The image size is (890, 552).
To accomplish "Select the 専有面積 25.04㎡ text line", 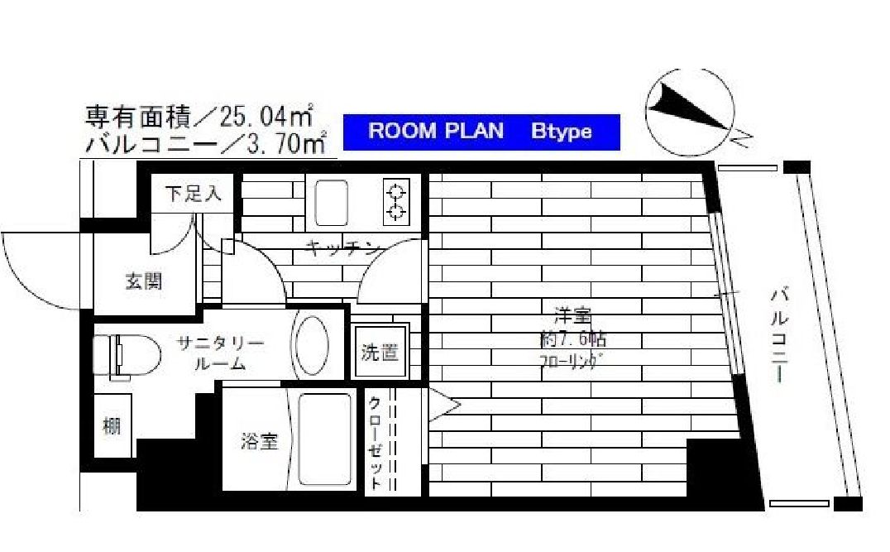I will coord(199,116).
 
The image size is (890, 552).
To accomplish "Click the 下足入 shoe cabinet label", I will coord(193,194).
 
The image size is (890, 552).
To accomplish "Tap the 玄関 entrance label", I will coord(144,281).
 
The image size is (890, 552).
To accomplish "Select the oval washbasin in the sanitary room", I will coord(312,348).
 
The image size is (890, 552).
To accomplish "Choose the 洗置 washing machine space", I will coord(380,353).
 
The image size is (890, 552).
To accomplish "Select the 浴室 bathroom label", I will coord(259,442).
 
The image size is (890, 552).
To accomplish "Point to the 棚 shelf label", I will coord(112,426).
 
